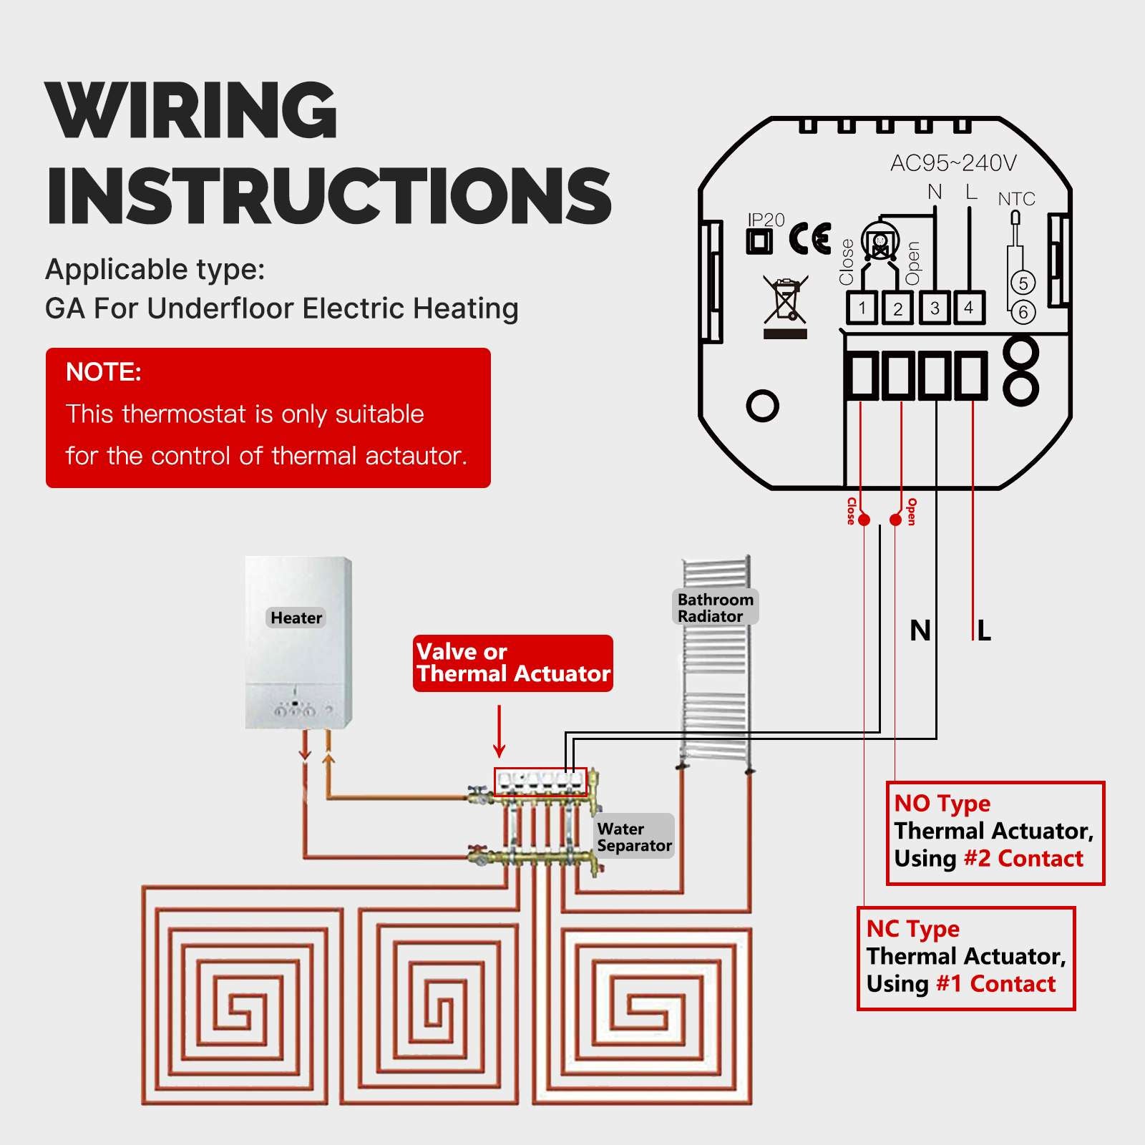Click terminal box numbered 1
(862, 308)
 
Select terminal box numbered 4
(969, 308)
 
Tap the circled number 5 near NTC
(1023, 283)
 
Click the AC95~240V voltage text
(953, 163)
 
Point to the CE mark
(810, 239)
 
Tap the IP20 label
(766, 220)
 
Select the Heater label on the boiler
(296, 618)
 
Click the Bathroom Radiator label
(715, 608)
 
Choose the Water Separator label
(634, 837)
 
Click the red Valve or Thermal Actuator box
(512, 663)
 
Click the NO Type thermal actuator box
(995, 833)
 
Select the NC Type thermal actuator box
(966, 958)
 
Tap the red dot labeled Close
(864, 520)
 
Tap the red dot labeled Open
(896, 520)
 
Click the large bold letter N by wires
(920, 631)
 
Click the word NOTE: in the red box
(104, 372)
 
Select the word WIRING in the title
(191, 111)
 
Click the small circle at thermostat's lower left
(762, 406)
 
